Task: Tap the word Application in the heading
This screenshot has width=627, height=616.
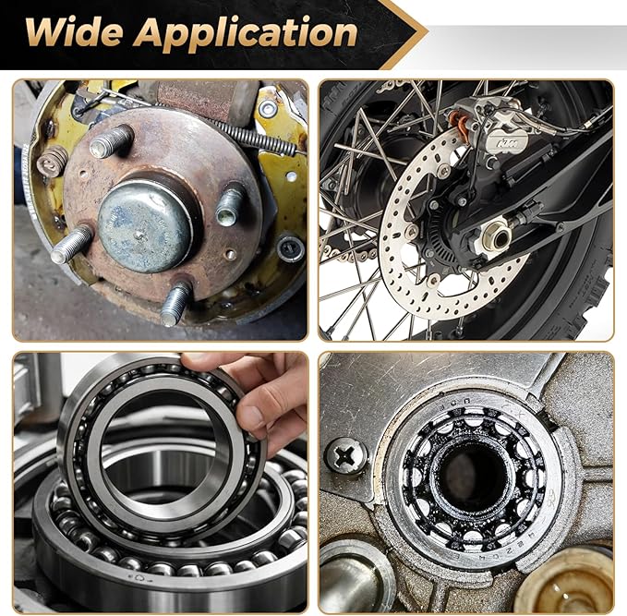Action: (245, 34)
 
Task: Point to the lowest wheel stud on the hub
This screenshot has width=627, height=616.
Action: (175, 304)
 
